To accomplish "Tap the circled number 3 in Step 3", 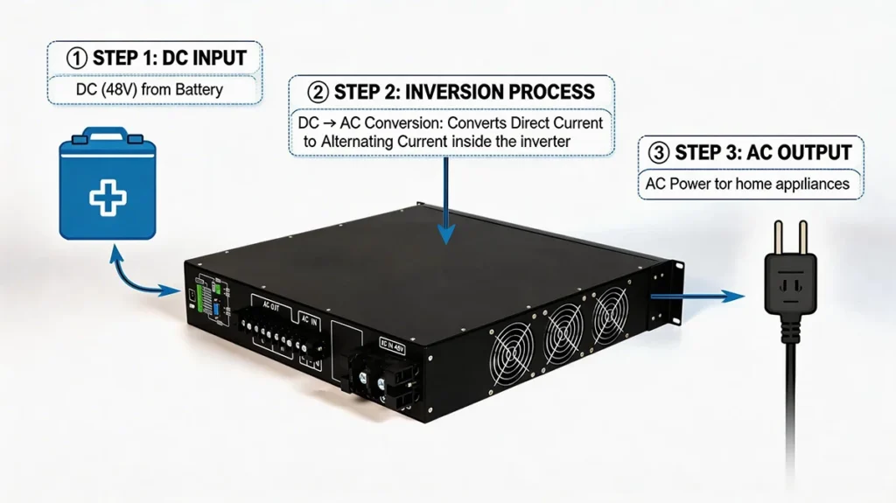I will click(x=658, y=152).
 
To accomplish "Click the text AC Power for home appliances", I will click(x=749, y=185).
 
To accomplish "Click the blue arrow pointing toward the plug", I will click(x=700, y=297).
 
